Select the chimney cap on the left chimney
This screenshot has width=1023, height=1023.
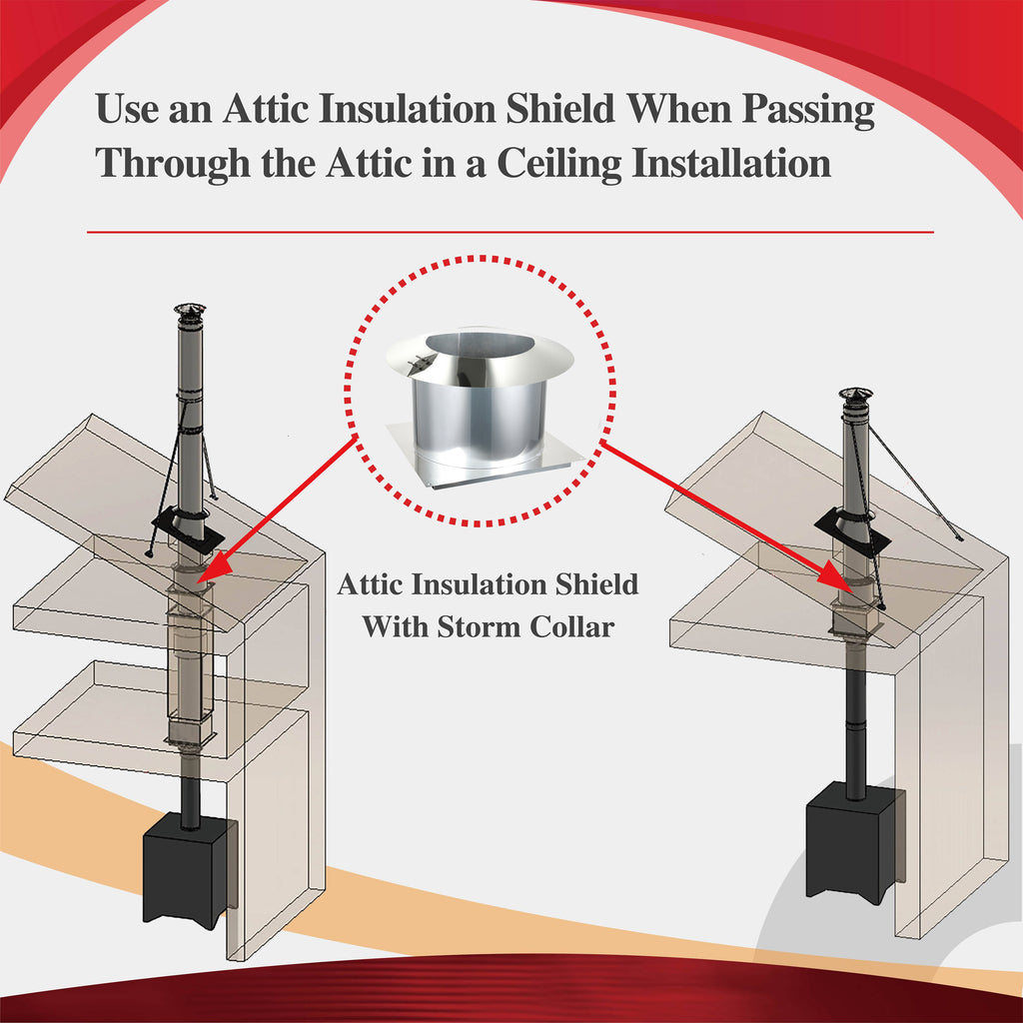(x=190, y=311)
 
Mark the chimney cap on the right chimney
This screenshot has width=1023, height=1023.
(x=855, y=396)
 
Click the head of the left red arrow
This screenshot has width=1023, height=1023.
(x=209, y=572)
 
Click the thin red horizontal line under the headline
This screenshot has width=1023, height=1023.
(x=510, y=232)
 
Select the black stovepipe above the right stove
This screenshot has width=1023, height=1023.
(x=855, y=719)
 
